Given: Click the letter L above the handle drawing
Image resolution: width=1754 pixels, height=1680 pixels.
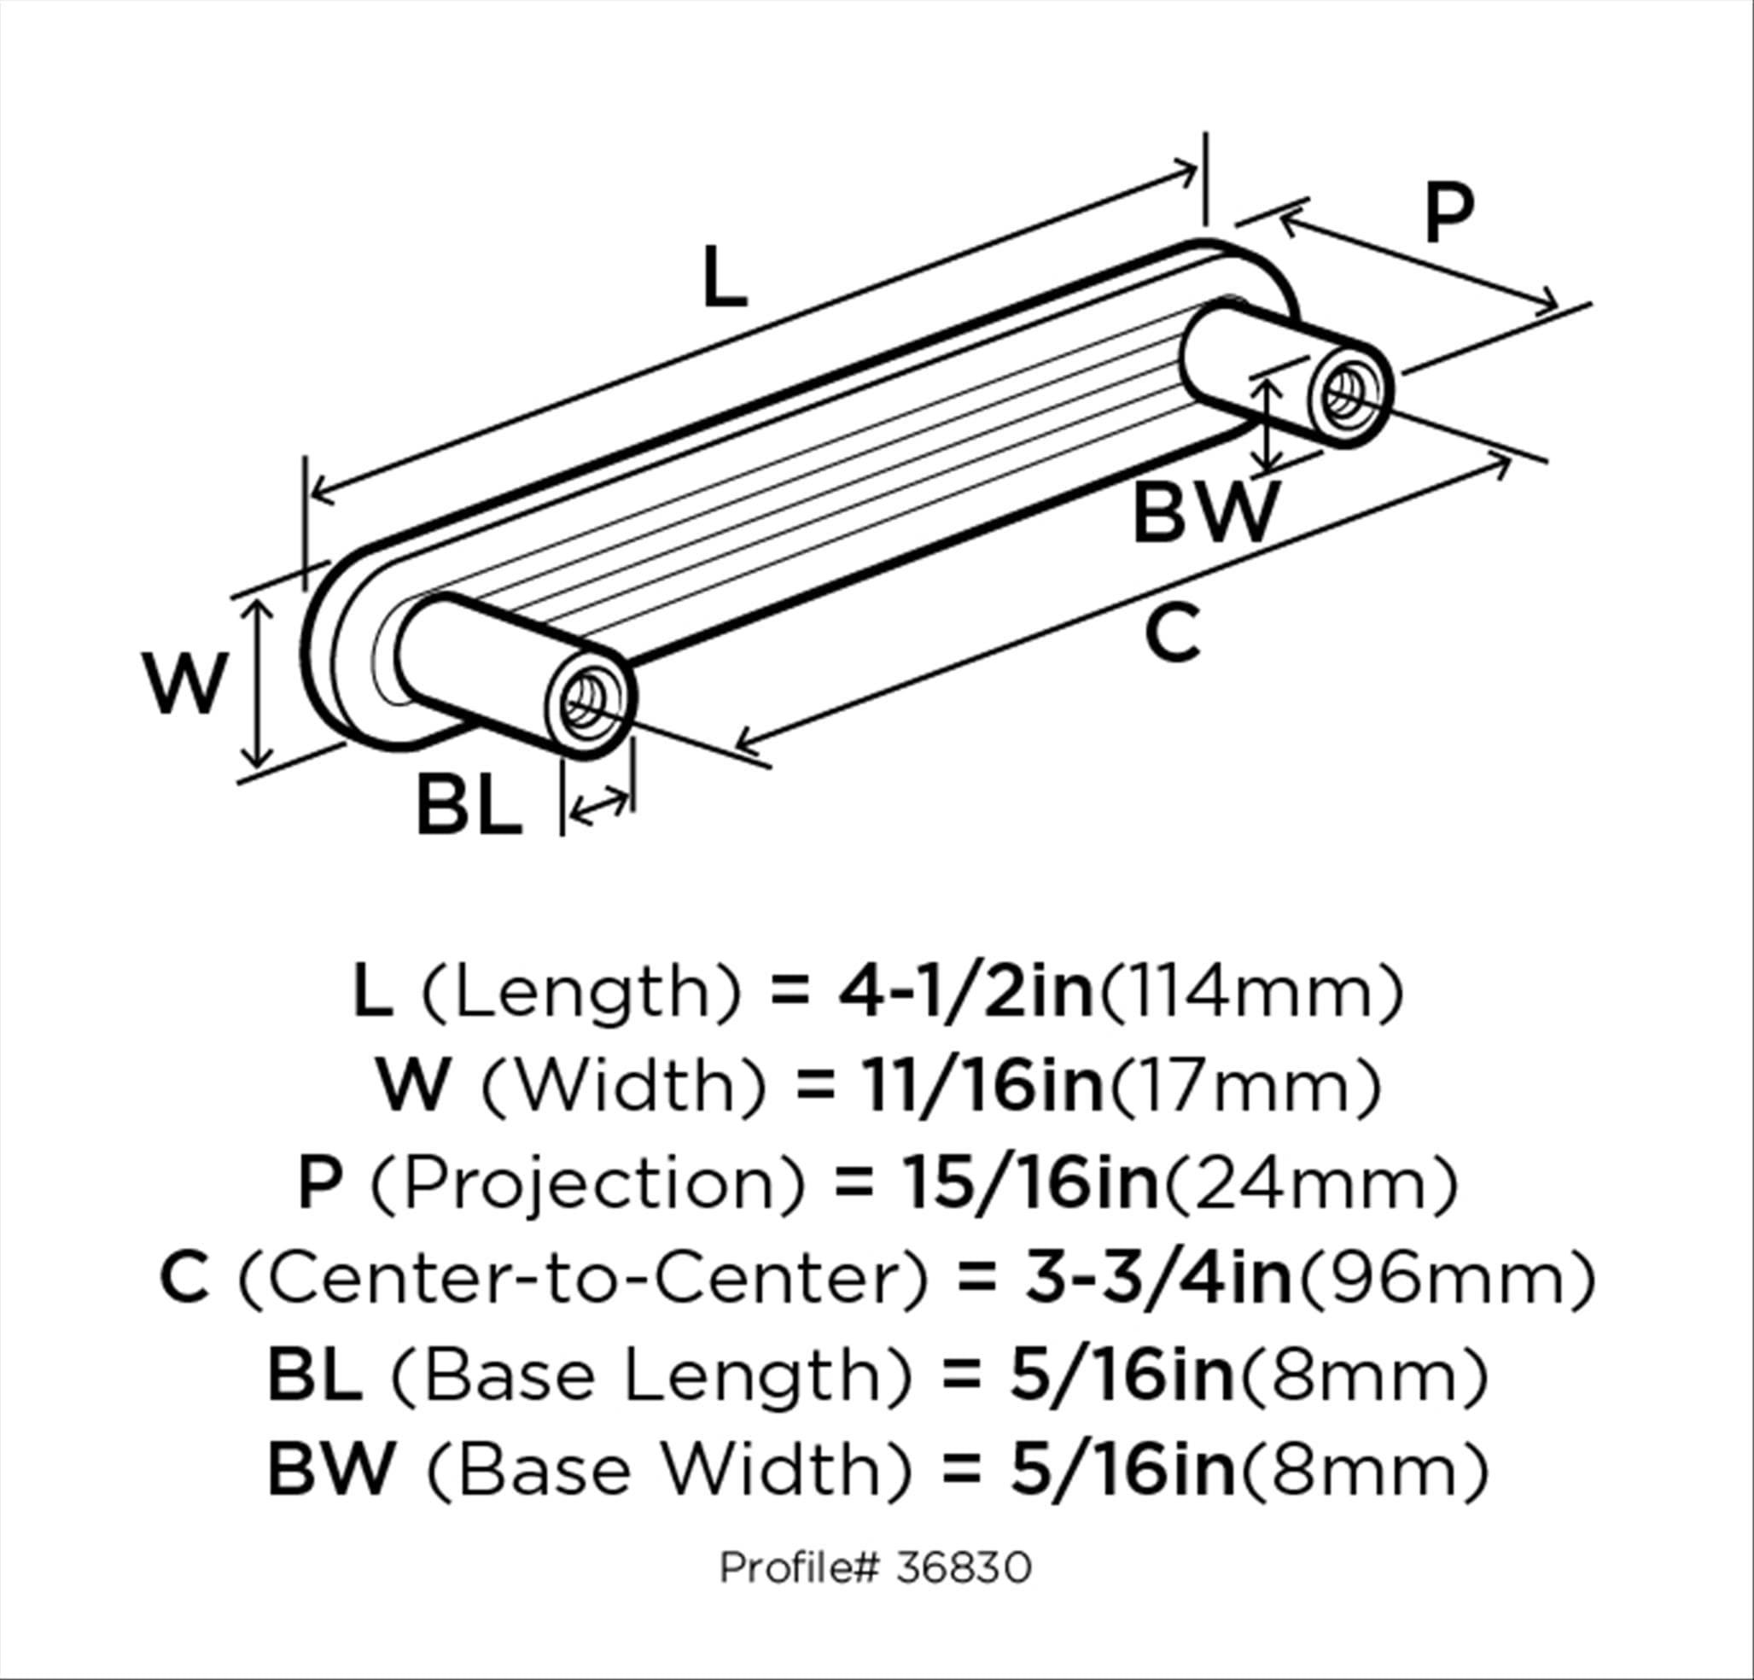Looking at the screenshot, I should tap(724, 277).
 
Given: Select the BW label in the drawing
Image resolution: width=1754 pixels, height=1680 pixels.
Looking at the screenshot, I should tap(1203, 514).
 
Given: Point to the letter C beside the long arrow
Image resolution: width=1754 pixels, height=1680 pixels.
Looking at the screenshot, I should tap(1171, 632).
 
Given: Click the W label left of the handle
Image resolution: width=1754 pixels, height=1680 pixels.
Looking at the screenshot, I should tap(186, 684).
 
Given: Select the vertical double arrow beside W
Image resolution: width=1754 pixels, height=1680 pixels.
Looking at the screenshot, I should tap(258, 685).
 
